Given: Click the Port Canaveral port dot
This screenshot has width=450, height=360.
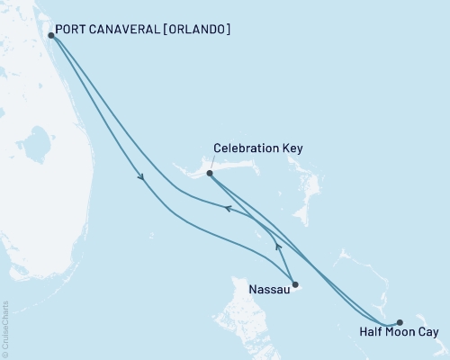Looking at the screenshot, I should point(50,36).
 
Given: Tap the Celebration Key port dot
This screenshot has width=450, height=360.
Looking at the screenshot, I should point(209,173).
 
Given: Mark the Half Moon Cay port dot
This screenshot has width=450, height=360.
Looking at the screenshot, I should point(400,322).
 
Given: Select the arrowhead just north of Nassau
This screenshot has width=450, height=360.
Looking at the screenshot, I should point(278,245).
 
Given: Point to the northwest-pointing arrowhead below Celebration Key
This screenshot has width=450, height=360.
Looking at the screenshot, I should point(229,209).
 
